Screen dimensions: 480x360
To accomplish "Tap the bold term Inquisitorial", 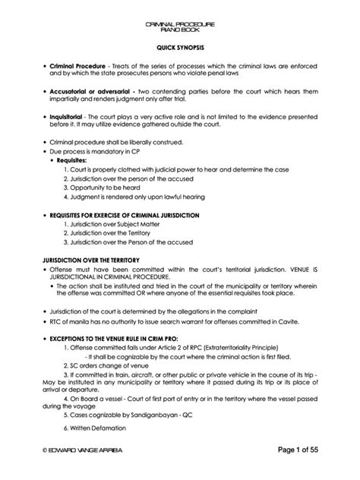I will pyautogui.click(x=67, y=118).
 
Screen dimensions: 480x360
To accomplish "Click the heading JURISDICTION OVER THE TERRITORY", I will pyautogui.click(x=90, y=259).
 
